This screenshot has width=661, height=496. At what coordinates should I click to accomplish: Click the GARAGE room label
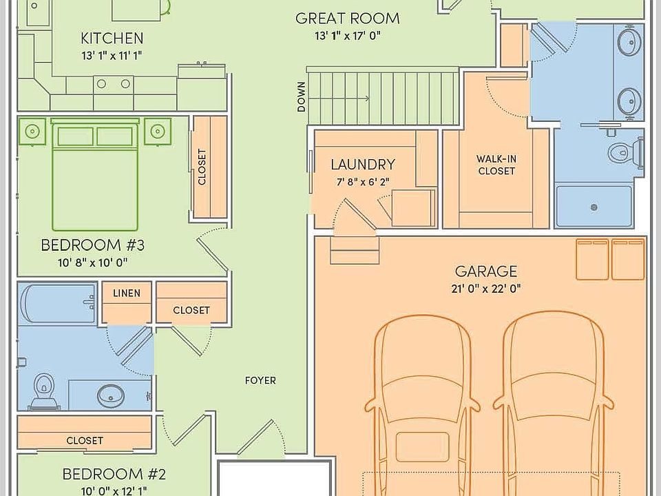(485, 271)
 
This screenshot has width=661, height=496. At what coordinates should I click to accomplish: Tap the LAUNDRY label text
(363, 165)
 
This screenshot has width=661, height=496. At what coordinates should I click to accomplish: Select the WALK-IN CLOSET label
(496, 165)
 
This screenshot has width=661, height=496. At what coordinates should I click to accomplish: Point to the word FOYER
(260, 380)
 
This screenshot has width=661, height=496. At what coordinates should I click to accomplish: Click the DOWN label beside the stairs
(302, 97)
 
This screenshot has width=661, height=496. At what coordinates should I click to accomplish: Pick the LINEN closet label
(127, 293)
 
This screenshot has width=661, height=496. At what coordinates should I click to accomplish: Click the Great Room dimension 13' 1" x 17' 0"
(348, 36)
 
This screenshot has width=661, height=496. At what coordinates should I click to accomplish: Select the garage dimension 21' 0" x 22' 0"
(485, 289)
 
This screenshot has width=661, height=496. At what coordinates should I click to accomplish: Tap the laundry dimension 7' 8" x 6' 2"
(363, 182)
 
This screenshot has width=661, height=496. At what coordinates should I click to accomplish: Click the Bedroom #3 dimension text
(93, 262)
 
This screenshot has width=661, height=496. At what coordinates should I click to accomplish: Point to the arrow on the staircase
(339, 99)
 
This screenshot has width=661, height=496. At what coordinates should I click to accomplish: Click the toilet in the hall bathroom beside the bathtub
(43, 391)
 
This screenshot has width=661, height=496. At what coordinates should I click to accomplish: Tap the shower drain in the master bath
(594, 207)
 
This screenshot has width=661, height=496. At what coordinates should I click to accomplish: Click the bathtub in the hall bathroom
(58, 304)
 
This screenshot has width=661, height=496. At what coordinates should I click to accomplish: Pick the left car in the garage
(422, 405)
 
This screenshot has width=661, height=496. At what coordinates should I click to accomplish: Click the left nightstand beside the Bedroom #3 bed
(32, 132)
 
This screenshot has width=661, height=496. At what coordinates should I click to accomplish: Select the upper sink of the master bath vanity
(629, 41)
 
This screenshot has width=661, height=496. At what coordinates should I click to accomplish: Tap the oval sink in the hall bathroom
(111, 395)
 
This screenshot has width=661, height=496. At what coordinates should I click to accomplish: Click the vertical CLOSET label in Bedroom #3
(202, 167)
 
